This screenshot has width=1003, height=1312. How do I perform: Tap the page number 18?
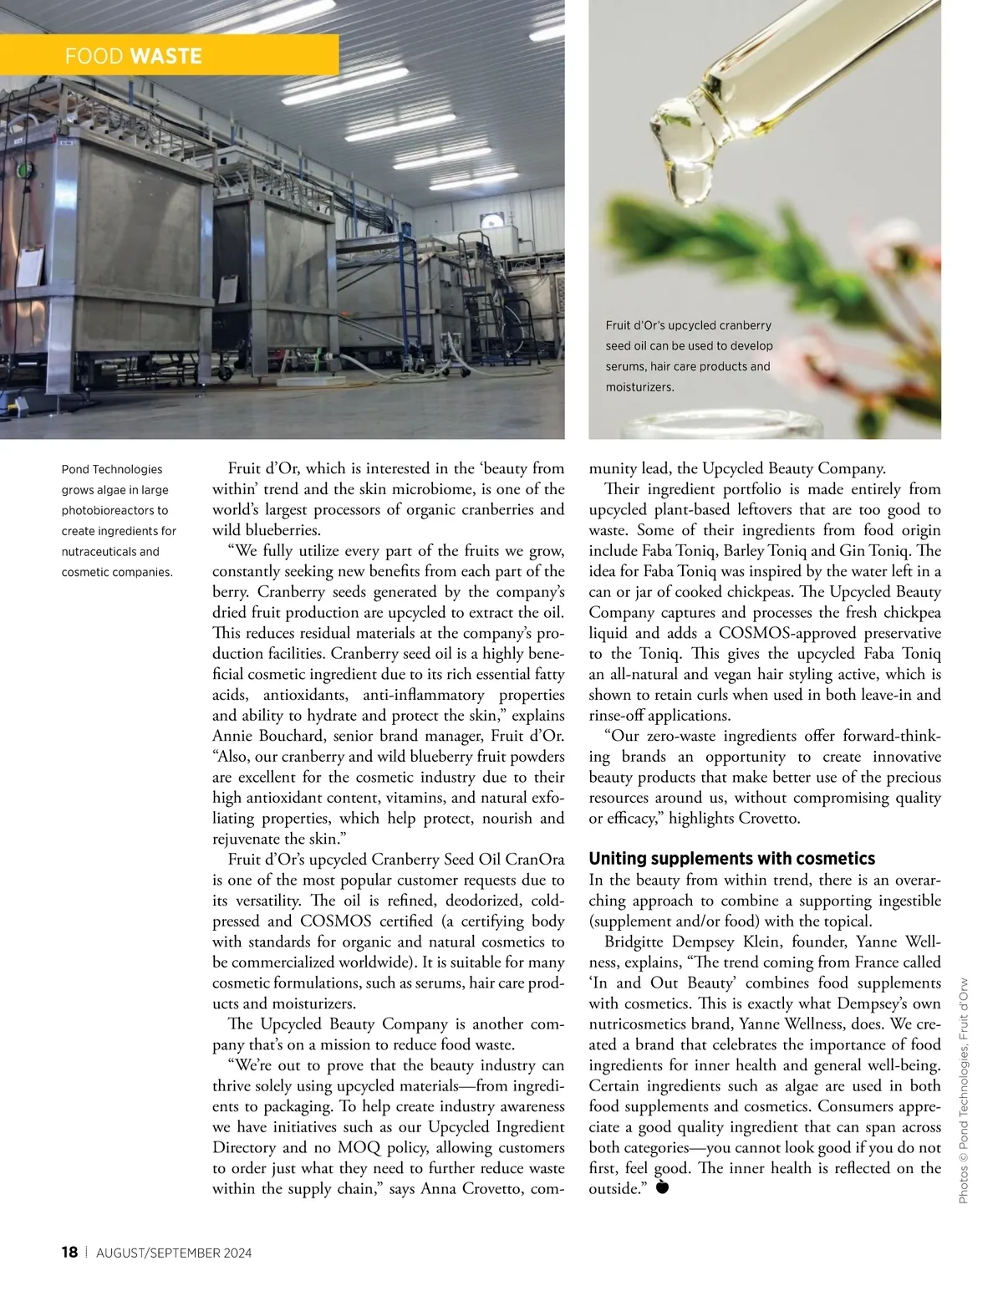point(69,1252)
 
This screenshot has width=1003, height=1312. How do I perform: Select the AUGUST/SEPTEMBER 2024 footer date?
point(174,1253)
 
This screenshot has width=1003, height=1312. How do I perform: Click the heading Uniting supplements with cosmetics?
point(731,859)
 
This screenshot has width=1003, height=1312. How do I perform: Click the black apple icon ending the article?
point(662,1187)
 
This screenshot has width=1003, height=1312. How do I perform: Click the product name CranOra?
point(535,859)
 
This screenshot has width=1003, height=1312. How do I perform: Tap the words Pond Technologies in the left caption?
point(112,469)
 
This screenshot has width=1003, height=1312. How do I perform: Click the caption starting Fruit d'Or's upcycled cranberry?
point(689,355)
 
